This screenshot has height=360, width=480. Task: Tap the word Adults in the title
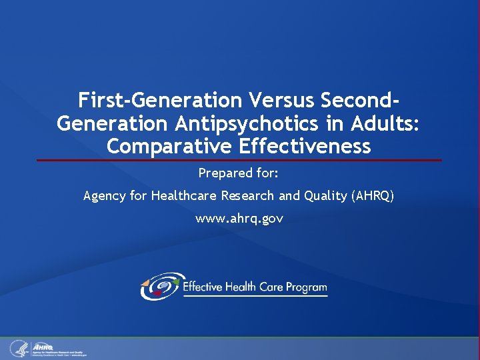coord(388,124)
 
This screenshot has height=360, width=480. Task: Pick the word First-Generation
coord(160,101)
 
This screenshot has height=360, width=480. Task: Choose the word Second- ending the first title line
coord(361,101)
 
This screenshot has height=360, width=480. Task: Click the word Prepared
coord(223,174)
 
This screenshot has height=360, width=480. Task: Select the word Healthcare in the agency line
coord(179,196)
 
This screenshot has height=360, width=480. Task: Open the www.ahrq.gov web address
coord(239,219)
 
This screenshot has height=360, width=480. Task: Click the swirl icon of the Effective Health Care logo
coord(160,286)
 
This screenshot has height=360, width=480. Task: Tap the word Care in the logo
coord(269,287)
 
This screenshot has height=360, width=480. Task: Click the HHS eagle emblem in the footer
coord(18,348)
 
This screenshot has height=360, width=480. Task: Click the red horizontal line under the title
coord(239,160)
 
